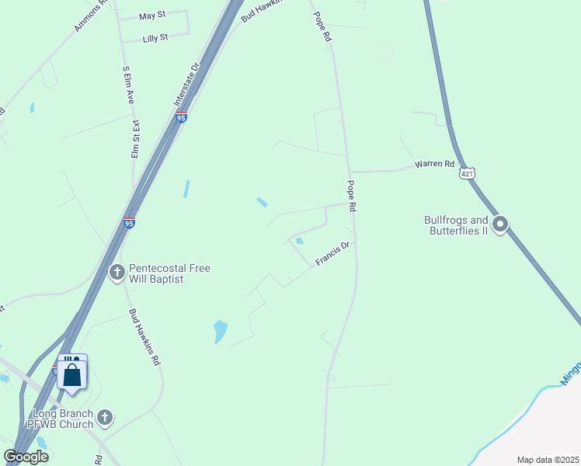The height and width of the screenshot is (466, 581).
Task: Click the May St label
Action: tap(151, 15)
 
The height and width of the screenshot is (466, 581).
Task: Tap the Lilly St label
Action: tap(155, 37)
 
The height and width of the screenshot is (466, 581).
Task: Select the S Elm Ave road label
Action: tap(129, 85)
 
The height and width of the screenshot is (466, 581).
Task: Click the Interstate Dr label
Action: tap(187, 85)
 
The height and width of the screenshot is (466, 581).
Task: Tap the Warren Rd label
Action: tap(433, 164)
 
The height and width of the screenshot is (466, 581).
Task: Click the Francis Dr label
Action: tap(332, 253)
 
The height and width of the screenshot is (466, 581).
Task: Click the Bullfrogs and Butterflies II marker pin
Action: tap(501, 225)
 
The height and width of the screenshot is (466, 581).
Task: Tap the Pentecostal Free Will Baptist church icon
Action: tap(117, 273)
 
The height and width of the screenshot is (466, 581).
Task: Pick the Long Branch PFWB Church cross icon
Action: tap(106, 418)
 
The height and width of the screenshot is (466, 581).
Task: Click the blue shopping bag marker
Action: tap(72, 374)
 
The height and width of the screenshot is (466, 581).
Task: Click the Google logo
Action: tap(26, 457)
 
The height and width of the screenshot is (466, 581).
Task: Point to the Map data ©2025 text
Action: tap(548, 460)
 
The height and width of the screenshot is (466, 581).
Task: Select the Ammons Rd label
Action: tap(90, 16)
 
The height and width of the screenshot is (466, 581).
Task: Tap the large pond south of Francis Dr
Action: tap(221, 332)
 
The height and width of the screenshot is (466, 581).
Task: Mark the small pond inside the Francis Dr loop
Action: tap(299, 241)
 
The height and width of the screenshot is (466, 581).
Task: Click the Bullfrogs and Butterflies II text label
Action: tap(456, 225)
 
